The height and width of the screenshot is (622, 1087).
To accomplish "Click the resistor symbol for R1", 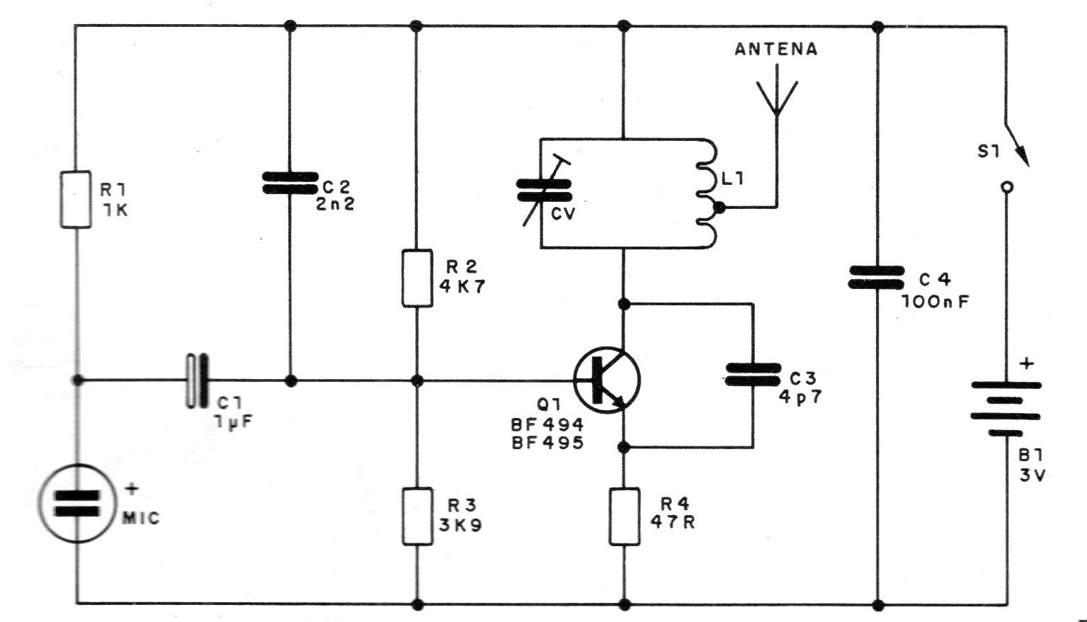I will point(76,199).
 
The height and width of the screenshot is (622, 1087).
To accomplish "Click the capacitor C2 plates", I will point(289,182).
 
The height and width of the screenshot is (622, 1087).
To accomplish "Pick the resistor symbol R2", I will point(417,278).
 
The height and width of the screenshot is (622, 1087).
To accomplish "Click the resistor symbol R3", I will point(417,516).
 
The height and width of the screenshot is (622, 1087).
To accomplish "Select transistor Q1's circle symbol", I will point(607,380).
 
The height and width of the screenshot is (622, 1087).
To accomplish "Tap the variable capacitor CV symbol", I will point(544,189).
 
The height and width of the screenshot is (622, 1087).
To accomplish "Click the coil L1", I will point(708,193).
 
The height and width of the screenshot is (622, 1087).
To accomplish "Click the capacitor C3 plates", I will point(752,374).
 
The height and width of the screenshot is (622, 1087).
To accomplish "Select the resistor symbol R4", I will point(625,516).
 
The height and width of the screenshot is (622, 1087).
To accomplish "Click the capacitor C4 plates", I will point(877,278).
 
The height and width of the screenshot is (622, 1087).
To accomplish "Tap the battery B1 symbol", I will point(1006,408).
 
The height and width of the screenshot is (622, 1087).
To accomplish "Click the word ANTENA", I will point(776,50).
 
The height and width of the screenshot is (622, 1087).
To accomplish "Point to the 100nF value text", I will point(935,300).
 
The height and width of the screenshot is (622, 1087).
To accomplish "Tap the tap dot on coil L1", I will point(719,208).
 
